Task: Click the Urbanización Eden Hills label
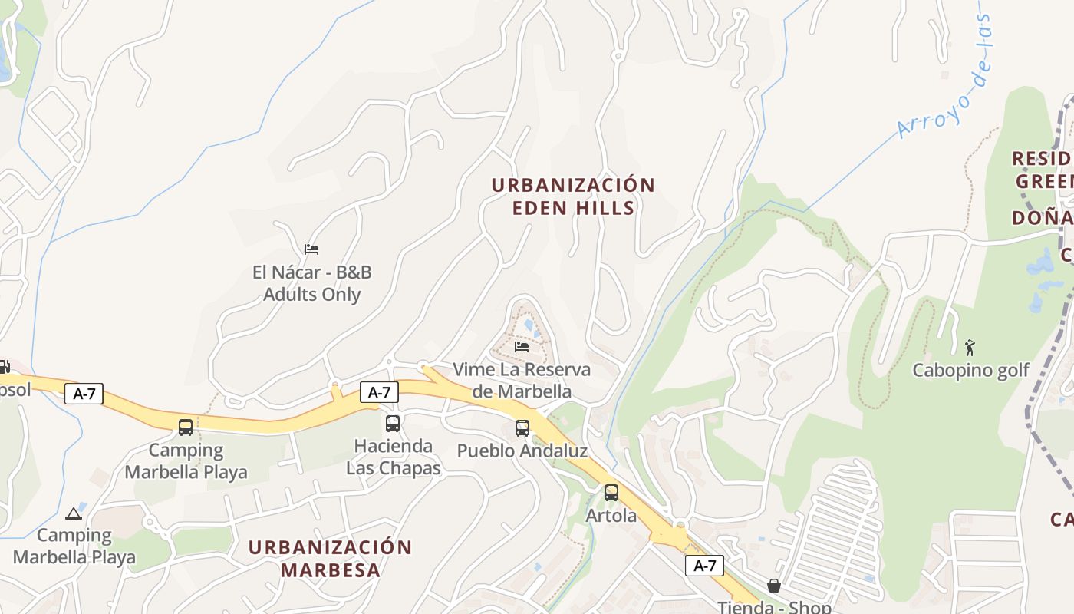pos(572,196)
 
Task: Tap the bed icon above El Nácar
pos(311,249)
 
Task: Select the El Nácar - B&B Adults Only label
pos(311,283)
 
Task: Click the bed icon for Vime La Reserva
pos(522,347)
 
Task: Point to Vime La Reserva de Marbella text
pos(522,380)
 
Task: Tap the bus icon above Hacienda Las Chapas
pos(393,423)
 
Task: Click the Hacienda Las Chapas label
pos(393,457)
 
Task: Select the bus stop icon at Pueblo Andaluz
pos(522,428)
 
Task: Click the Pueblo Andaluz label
pos(522,451)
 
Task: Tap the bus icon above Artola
pos(611,493)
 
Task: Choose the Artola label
pos(611,516)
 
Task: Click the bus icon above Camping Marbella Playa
pos(186,427)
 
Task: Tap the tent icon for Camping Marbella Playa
pos(74,513)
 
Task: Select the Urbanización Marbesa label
pos(330,559)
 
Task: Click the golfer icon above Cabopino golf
pos(970,348)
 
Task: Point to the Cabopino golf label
pos(970,371)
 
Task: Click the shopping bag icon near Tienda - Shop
pos(774,586)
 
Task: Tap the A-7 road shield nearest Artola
pos(704,566)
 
